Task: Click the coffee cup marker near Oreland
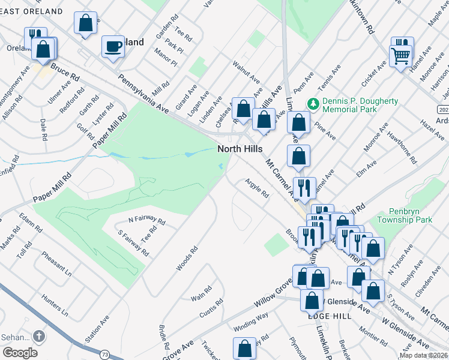112,47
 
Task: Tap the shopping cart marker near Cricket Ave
400,56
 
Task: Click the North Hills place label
240,149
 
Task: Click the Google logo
19,353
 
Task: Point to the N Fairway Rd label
138,220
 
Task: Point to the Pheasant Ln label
56,263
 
